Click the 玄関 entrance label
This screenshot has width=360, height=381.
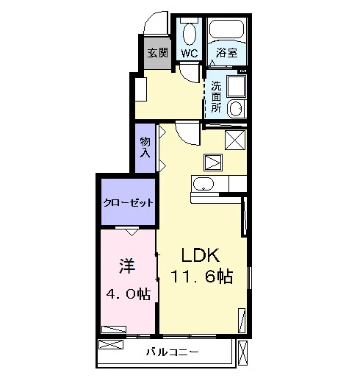pos(158,52)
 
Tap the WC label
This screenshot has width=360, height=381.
pos(190,53)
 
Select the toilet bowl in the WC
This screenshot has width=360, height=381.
pos(190,35)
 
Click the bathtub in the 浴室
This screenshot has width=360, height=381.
pos(227,29)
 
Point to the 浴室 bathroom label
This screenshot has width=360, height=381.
pos(226,53)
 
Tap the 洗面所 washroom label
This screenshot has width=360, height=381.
pos(216,96)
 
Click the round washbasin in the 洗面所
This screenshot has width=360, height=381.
pos(236,109)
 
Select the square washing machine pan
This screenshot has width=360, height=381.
pos(236,87)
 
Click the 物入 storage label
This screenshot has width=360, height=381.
pos(145,147)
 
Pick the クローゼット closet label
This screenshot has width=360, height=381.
pos(129,203)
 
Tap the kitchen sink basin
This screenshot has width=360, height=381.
pos(204,184)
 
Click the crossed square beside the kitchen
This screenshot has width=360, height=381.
pos(235,140)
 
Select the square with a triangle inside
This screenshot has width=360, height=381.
pos(213,163)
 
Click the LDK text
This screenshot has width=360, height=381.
pos(200,255)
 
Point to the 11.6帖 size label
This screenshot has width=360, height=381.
pos(201,277)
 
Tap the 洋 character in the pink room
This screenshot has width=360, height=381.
pos(127,266)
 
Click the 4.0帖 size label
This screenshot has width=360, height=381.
pos(129,293)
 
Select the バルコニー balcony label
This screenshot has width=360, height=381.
pos(173,352)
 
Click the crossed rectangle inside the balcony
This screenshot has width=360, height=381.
pos(111,344)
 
